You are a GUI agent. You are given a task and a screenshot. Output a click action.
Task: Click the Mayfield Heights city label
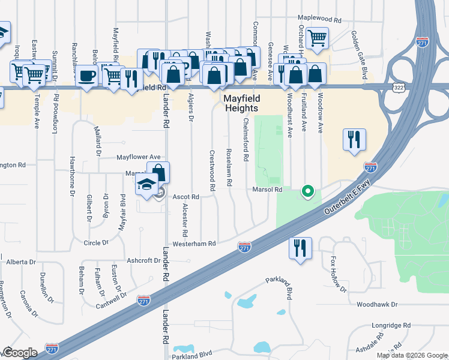(241, 103)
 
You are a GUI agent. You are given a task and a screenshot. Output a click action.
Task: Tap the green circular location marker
(308, 192)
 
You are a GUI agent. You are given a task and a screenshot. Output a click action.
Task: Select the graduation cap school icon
(146, 186)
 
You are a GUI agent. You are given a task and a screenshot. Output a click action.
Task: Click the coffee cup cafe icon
(88, 76)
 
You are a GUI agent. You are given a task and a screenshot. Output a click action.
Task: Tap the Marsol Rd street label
(267, 190)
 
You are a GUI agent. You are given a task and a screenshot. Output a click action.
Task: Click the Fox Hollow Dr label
(339, 275)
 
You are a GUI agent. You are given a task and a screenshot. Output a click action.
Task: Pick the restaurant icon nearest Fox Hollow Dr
(300, 247)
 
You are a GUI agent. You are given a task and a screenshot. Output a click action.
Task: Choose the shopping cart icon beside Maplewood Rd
(316, 38)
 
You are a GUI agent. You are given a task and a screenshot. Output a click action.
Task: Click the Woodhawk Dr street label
(377, 305)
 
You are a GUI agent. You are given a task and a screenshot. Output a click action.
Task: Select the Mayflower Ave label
(139, 157)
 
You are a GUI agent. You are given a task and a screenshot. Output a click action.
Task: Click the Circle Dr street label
(96, 243)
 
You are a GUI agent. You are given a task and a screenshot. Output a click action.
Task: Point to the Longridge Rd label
(390, 325)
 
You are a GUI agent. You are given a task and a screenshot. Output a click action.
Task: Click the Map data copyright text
(411, 355)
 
